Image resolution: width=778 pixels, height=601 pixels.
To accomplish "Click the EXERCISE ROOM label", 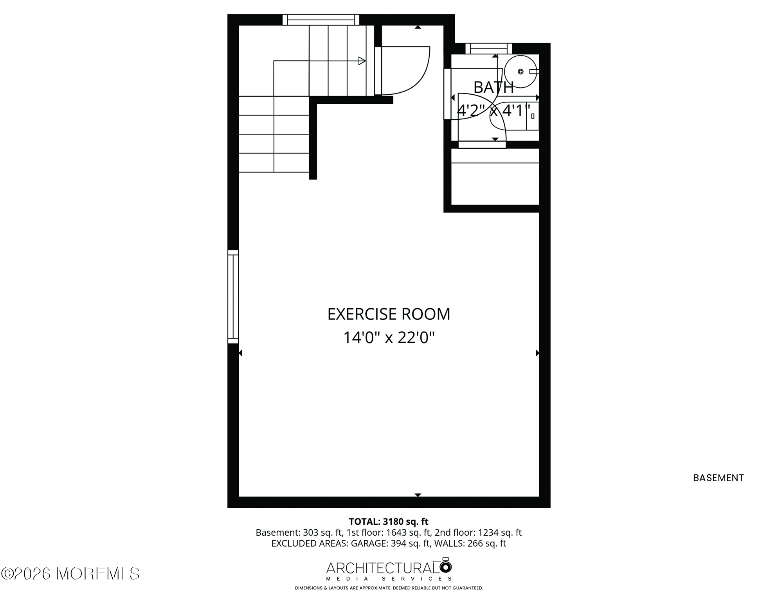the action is (389, 314).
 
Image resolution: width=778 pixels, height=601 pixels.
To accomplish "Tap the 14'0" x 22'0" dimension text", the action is (389, 337).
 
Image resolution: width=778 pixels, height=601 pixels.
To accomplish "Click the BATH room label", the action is (493, 88).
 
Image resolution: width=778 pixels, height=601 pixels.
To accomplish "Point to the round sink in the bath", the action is (520, 72).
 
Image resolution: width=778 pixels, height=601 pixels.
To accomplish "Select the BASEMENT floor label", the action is (719, 478).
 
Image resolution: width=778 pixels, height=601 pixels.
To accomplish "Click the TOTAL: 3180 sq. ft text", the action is (389, 522).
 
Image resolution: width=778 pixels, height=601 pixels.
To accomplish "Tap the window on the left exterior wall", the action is (233, 297).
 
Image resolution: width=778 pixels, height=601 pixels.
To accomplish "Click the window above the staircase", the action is (321, 20).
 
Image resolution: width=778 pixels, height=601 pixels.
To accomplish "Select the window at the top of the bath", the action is (489, 49).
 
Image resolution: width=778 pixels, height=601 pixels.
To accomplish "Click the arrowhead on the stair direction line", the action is (362, 61).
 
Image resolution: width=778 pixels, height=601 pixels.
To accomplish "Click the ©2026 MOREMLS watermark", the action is (70, 574).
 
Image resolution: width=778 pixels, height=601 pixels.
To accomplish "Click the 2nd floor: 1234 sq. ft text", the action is (478, 533).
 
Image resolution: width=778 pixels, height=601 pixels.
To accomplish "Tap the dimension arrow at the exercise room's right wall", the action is (537, 353).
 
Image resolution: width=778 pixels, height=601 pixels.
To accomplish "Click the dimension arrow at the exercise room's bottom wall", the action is (418, 495).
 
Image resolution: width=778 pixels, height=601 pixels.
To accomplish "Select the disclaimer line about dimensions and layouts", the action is (389, 588).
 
